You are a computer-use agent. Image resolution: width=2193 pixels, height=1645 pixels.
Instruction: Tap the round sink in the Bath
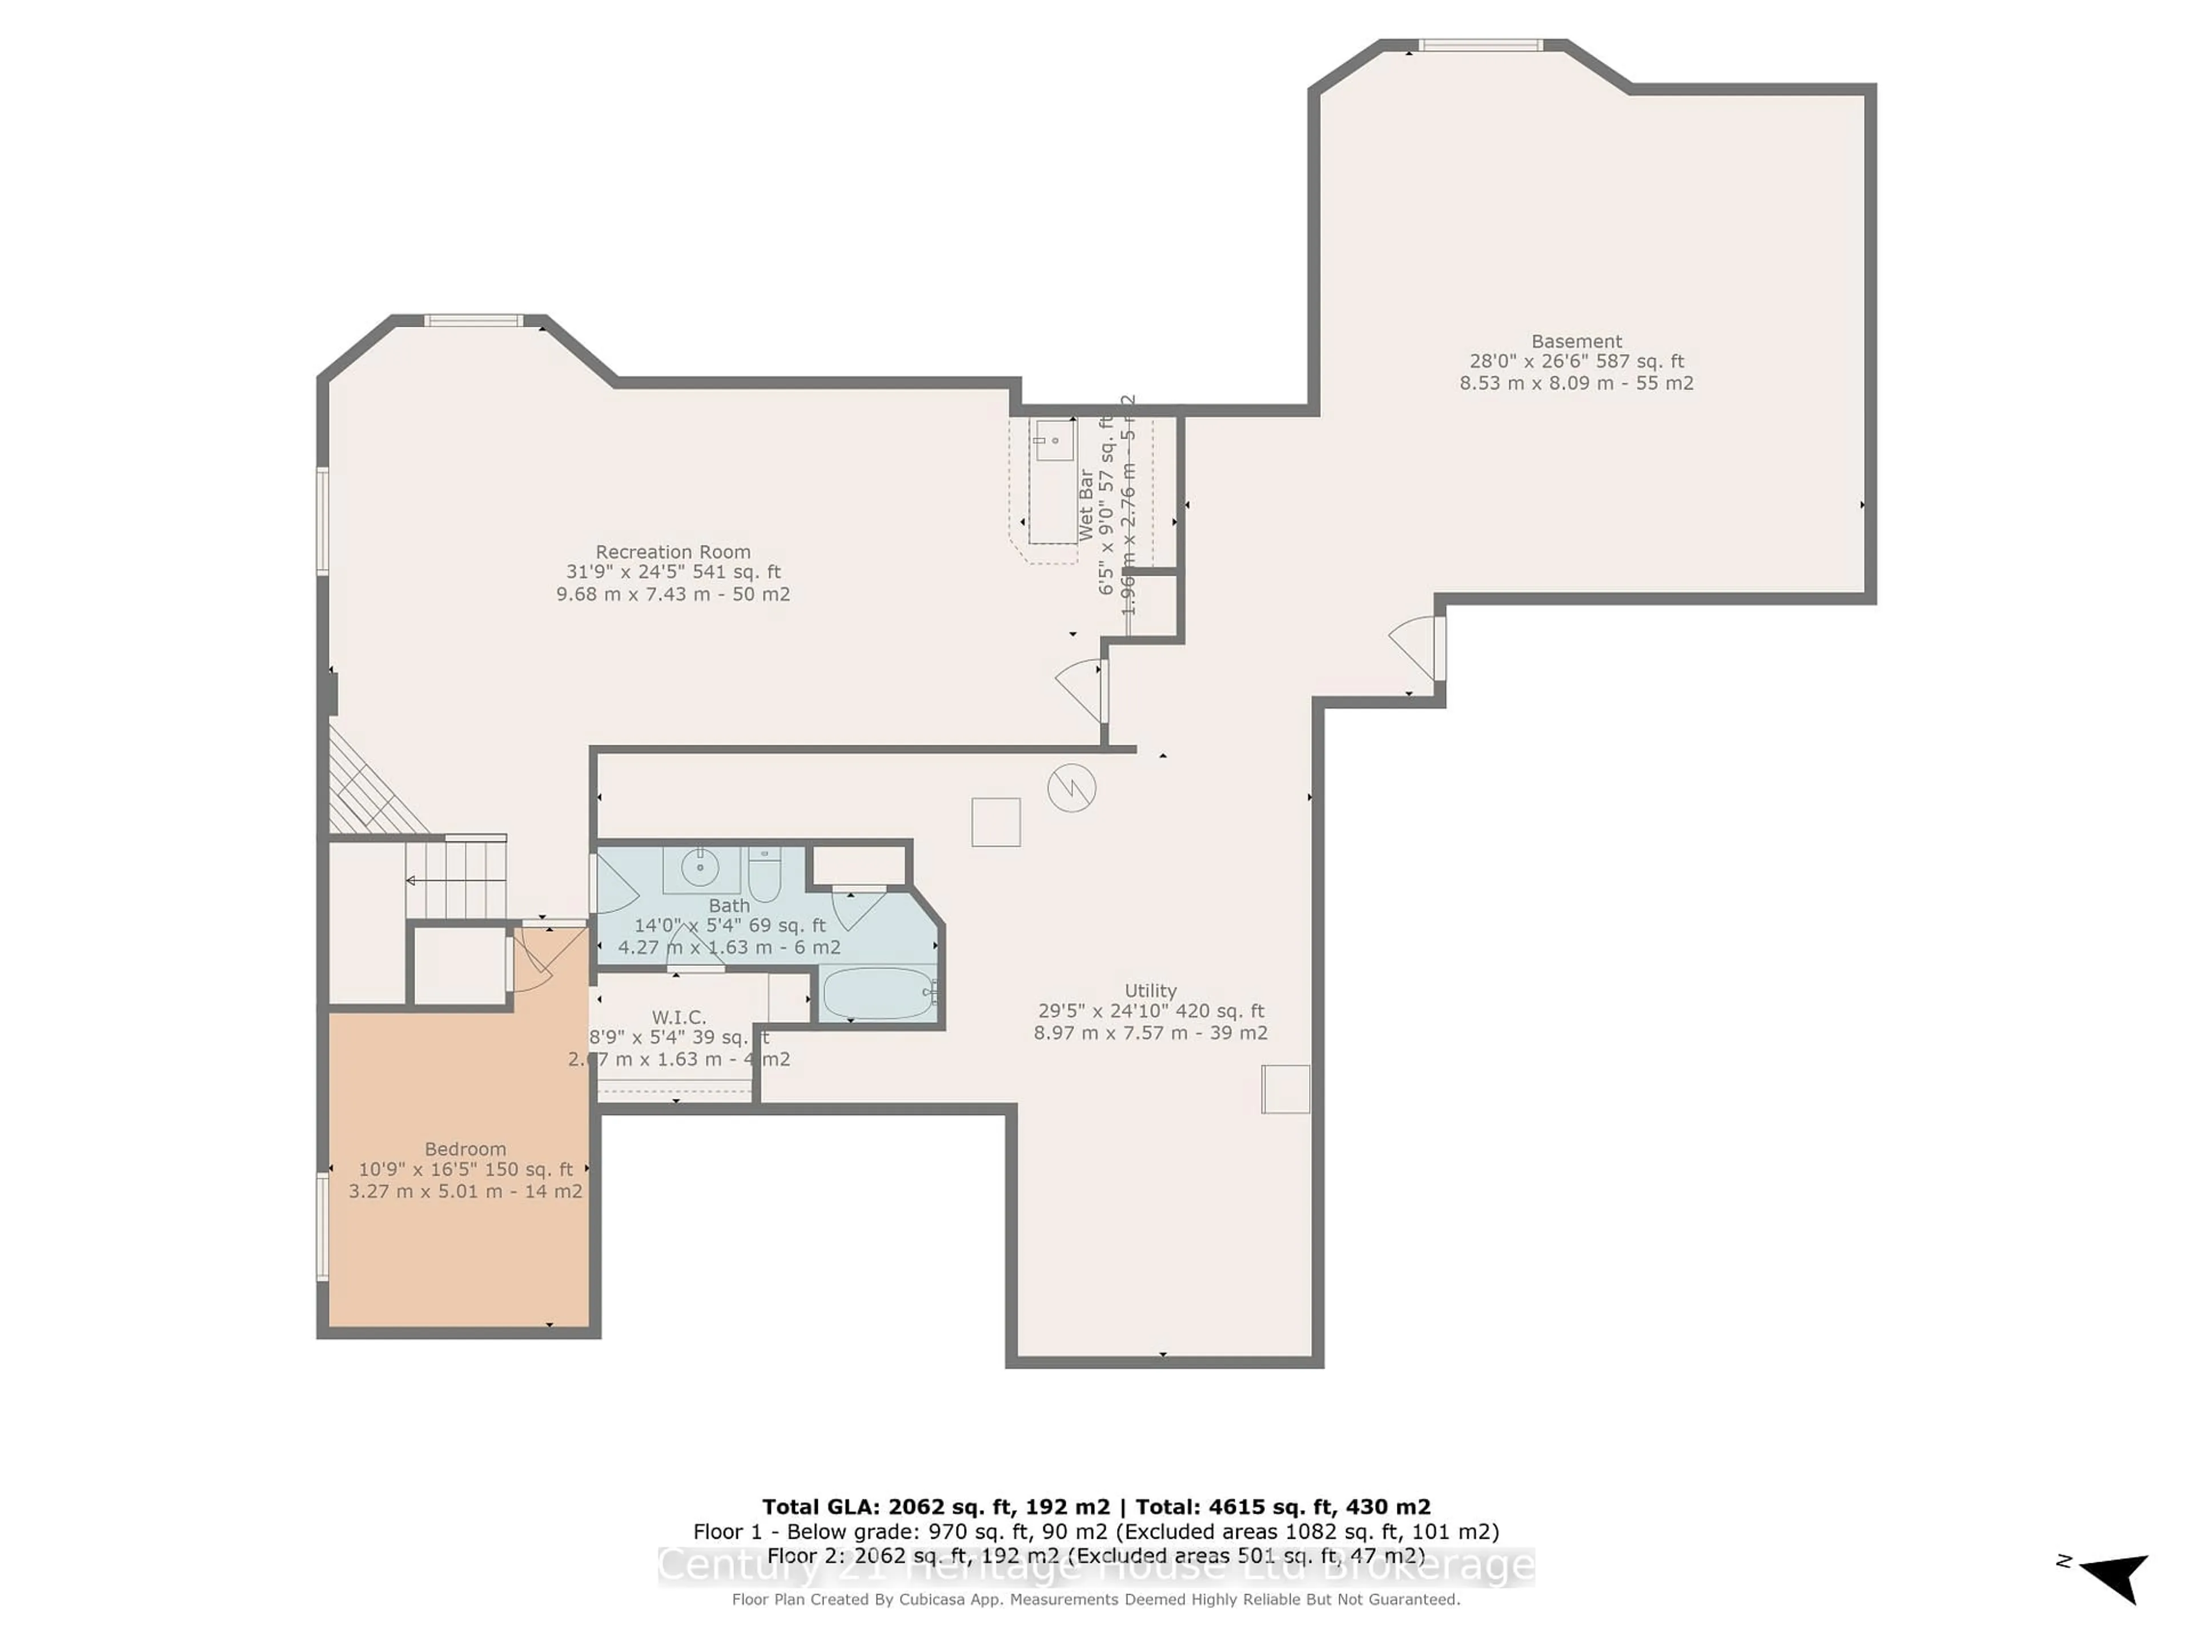[701, 868]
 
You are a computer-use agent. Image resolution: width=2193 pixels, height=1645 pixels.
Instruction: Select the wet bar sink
[1052, 439]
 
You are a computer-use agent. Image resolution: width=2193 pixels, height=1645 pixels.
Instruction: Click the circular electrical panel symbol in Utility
[1072, 788]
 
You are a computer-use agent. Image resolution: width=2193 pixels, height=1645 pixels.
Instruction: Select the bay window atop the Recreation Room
[474, 320]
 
